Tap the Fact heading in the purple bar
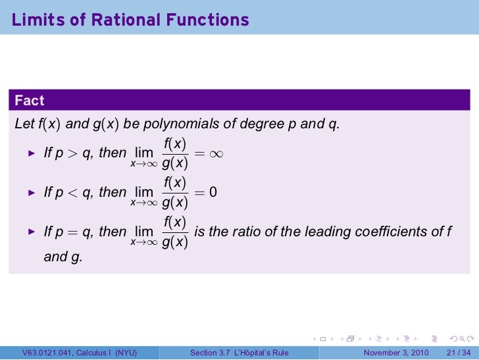30,101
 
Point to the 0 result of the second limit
213,192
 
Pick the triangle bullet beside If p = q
30,232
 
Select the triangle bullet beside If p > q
30,153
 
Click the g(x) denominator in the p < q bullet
174,202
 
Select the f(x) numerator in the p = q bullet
174,222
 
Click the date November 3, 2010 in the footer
396,353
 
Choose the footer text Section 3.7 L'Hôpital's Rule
239,353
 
